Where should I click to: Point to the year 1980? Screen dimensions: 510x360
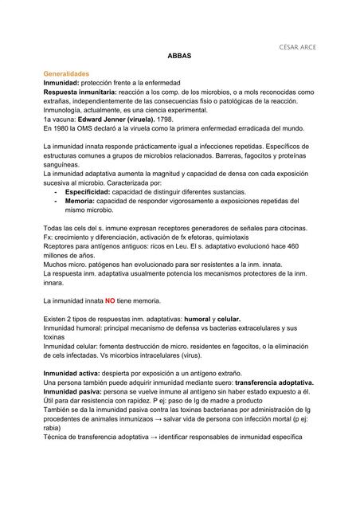click(65, 127)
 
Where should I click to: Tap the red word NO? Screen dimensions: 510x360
click(110, 300)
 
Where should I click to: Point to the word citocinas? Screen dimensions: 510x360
click(284, 229)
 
